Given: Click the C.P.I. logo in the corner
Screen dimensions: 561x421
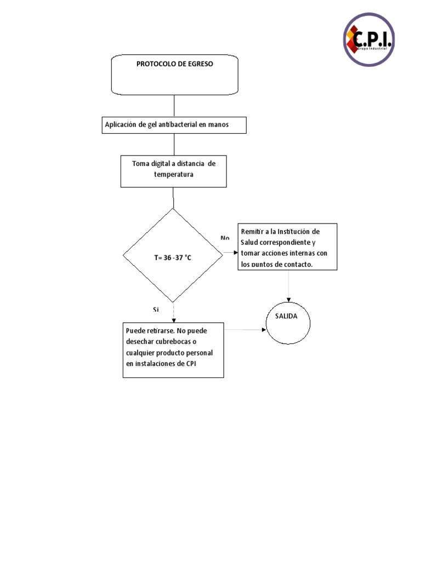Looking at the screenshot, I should coord(369,39).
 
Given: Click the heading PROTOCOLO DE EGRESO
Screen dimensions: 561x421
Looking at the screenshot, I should coord(174,64).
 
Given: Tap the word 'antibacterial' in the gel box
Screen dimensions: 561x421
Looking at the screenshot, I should coord(175,125).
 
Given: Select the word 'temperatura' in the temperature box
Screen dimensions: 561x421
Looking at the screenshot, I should coord(173,174).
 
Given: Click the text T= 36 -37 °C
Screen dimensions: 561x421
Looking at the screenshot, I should coord(173,257).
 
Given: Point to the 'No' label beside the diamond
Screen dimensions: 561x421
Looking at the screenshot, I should coord(225,238).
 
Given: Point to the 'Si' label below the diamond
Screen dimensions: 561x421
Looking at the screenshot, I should coord(156,310).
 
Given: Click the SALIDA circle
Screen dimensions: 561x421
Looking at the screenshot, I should coord(289,322).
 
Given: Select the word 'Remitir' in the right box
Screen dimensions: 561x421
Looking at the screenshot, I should coord(252,232).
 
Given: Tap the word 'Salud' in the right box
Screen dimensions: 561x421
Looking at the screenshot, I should coord(249,242).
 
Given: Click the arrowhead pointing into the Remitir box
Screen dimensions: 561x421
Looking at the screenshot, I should coord(236,253).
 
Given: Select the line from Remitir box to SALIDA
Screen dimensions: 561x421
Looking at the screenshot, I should coord(289,285).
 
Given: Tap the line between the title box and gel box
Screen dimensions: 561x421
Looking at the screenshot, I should coord(174,106).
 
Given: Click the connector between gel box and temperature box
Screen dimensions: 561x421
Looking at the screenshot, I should coord(174,144).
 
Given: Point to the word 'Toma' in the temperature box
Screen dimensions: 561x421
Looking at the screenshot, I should coord(141,163).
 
